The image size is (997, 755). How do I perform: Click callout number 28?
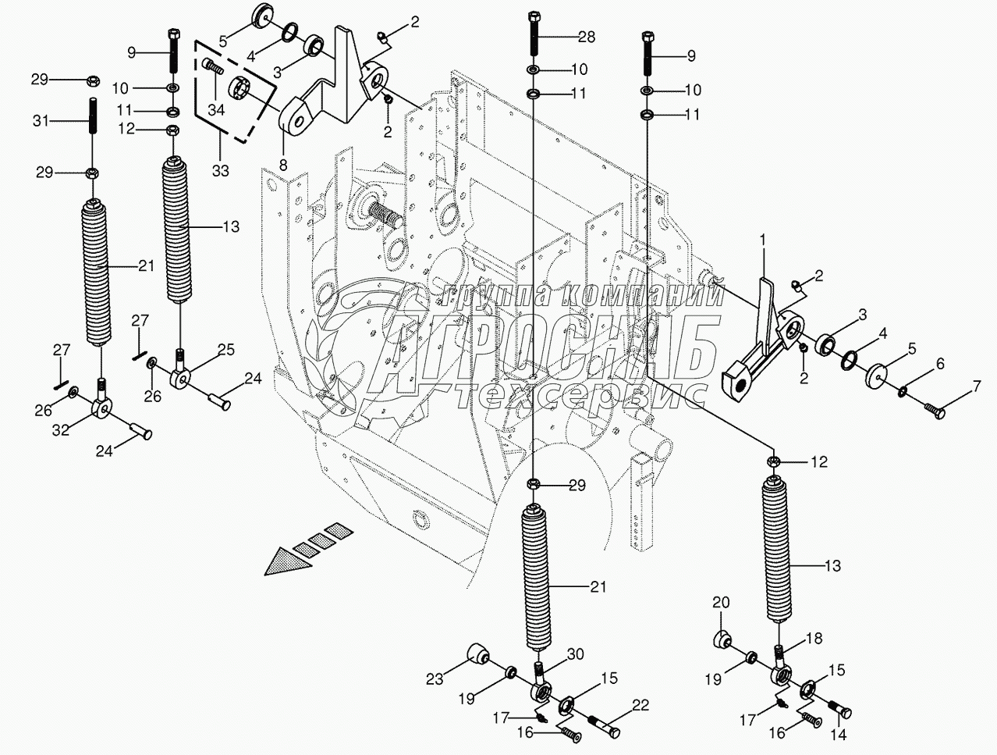pyautogui.click(x=587, y=37)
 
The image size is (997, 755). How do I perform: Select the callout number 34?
pyautogui.click(x=216, y=109)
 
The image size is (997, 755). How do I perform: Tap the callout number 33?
pyautogui.click(x=220, y=171)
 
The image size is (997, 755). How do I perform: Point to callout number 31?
pyautogui.click(x=41, y=121)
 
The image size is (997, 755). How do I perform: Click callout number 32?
pyautogui.click(x=61, y=429)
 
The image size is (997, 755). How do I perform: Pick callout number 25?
pyautogui.click(x=225, y=350)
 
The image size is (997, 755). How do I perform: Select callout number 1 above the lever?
pyautogui.click(x=763, y=240)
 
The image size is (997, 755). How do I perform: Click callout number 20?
pyautogui.click(x=721, y=603)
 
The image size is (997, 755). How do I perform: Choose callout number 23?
pyautogui.click(x=435, y=679)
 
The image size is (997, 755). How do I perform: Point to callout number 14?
pyautogui.click(x=839, y=735)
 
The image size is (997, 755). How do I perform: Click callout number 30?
pyautogui.click(x=575, y=654)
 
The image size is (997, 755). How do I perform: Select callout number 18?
pyautogui.click(x=814, y=638)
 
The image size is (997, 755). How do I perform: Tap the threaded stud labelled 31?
pyautogui.click(x=93, y=116)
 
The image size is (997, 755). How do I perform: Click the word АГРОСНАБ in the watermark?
pyautogui.click(x=552, y=352)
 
